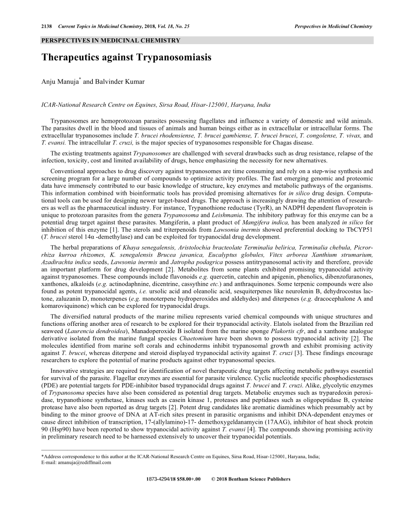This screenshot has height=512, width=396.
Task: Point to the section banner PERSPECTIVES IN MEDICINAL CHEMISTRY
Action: click(x=111, y=40)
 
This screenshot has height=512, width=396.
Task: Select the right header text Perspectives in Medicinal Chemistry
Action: click(x=333, y=26)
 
